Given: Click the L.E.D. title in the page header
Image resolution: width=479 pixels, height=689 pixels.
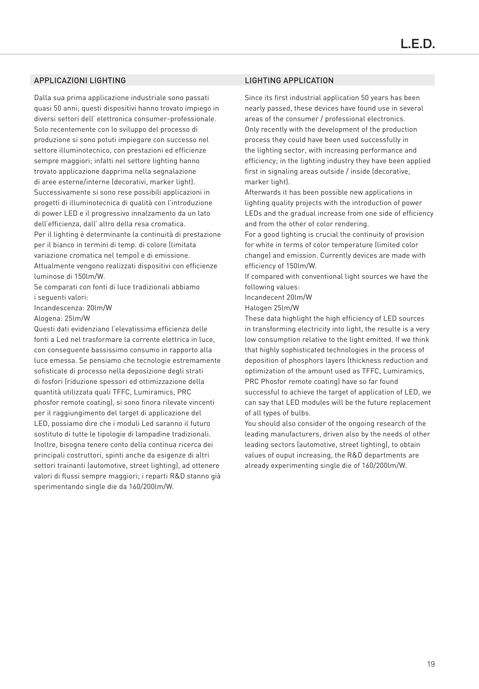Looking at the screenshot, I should [x=417, y=44].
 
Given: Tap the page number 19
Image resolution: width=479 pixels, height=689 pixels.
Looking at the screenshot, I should [x=431, y=664].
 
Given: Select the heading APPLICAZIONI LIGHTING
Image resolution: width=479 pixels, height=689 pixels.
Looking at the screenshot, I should [x=80, y=80].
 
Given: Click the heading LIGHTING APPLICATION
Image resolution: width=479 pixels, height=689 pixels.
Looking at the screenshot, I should [x=289, y=80].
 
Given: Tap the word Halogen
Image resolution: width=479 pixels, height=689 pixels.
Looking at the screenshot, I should [x=258, y=308].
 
